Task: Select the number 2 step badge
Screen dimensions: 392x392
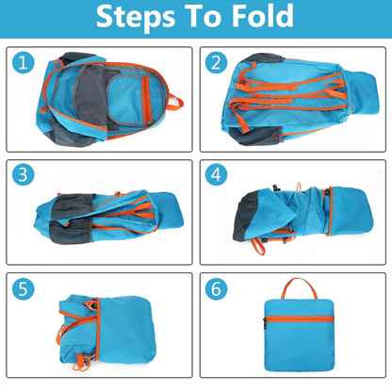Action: [x=218, y=64]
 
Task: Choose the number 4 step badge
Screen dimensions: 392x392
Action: [x=218, y=176]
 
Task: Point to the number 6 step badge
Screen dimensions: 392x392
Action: [x=218, y=290]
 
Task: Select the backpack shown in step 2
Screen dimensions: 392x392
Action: [x=292, y=99]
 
